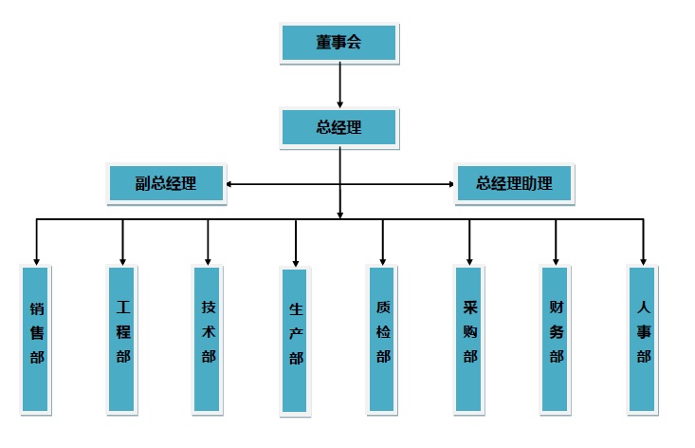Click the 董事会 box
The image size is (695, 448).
coord(339,42)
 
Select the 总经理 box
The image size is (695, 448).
coord(339,127)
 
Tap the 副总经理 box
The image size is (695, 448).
coord(166,183)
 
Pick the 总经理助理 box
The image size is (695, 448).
coord(514,183)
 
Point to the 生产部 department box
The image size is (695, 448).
coord(296,341)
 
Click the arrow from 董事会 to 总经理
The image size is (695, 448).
coord(339,84)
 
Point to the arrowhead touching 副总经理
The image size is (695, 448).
coord(229,184)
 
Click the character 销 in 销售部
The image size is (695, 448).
coord(36,308)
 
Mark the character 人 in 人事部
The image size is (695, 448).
coord(644,308)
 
